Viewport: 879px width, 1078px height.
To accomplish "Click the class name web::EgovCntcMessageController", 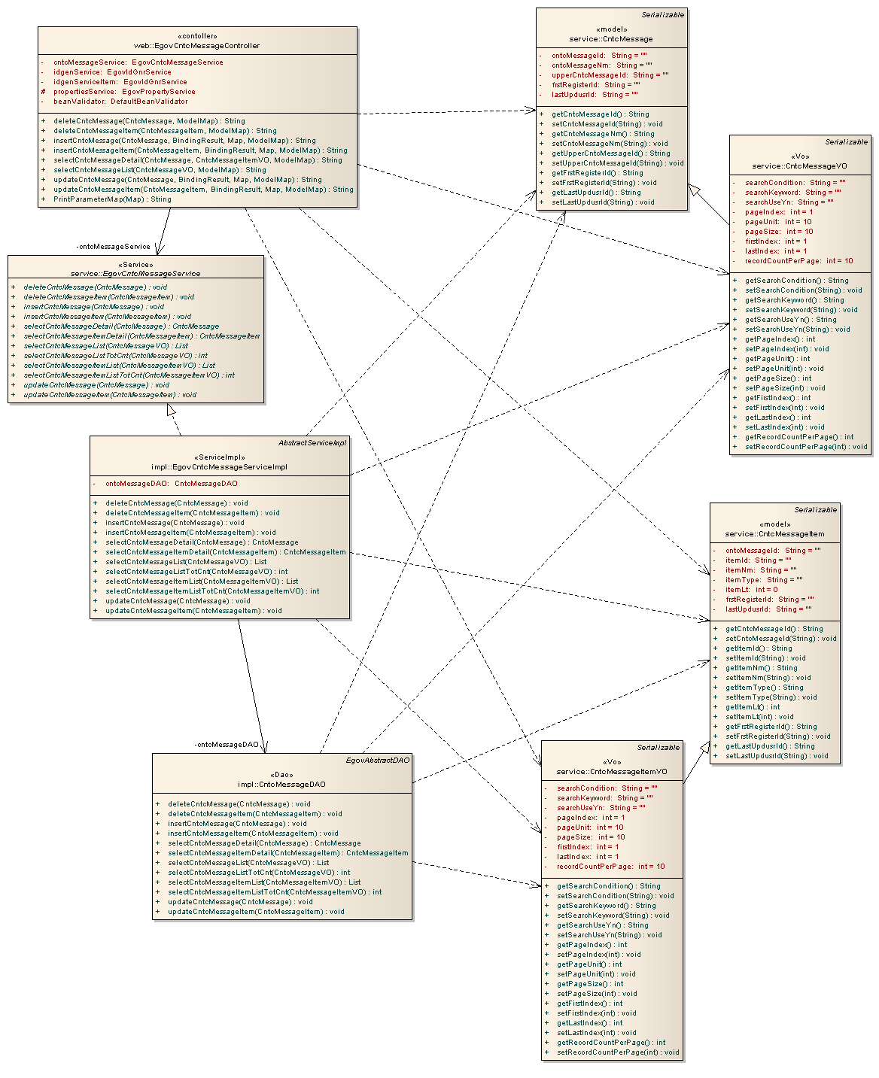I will (x=197, y=46).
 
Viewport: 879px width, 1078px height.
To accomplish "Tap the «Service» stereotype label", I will (x=135, y=264).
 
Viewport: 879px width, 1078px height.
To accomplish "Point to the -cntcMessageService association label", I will (x=114, y=247).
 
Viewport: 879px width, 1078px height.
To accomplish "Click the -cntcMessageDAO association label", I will (x=227, y=745).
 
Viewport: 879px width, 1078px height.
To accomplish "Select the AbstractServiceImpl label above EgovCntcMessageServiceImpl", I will (x=312, y=443).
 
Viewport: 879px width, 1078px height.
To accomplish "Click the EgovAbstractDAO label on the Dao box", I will (x=378, y=761).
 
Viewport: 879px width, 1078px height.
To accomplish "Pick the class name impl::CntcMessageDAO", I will (x=281, y=785).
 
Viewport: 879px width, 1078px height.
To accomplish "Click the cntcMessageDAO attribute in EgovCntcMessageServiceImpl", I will (x=171, y=484).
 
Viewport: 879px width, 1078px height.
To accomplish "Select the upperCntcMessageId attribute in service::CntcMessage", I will (x=610, y=75).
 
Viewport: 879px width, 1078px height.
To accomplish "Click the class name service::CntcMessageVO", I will (x=799, y=166).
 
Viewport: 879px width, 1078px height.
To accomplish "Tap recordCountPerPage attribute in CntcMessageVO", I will (x=798, y=261).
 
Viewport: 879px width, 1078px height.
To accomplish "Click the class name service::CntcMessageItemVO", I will (x=612, y=772).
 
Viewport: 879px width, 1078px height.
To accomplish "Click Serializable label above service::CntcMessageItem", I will (x=815, y=510).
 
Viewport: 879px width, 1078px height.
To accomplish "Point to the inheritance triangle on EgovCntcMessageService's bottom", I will (x=172, y=410).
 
